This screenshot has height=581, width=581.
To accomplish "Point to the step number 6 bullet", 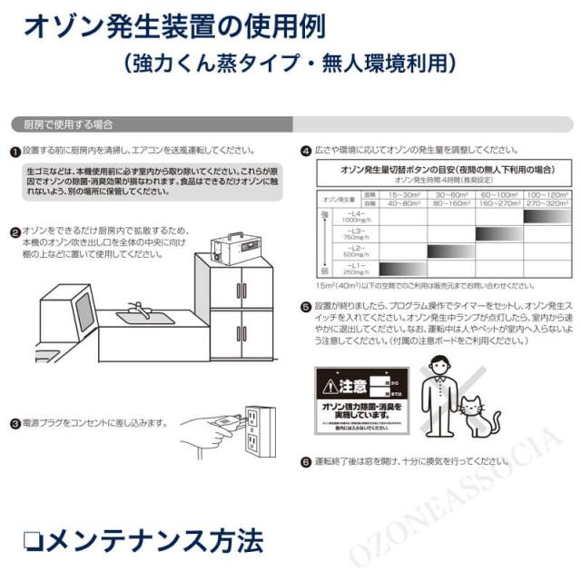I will pos(306,461).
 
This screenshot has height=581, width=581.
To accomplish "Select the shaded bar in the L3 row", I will pos(497,233).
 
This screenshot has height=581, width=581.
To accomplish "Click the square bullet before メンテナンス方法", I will pos(34,541).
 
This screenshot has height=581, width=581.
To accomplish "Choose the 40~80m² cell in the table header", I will pos(402,203).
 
